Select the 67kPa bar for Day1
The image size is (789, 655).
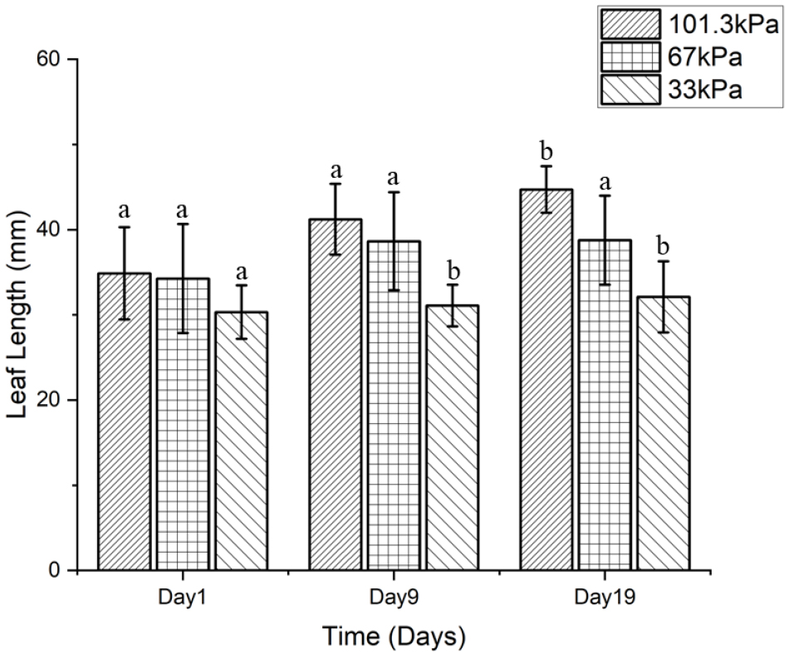(x=183, y=424)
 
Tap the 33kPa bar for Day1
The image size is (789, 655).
(x=241, y=441)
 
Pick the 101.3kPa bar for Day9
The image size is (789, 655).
(x=336, y=395)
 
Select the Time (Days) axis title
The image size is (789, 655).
(x=394, y=638)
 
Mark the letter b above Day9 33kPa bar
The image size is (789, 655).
(x=453, y=271)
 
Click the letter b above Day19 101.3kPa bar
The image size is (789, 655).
(x=546, y=152)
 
